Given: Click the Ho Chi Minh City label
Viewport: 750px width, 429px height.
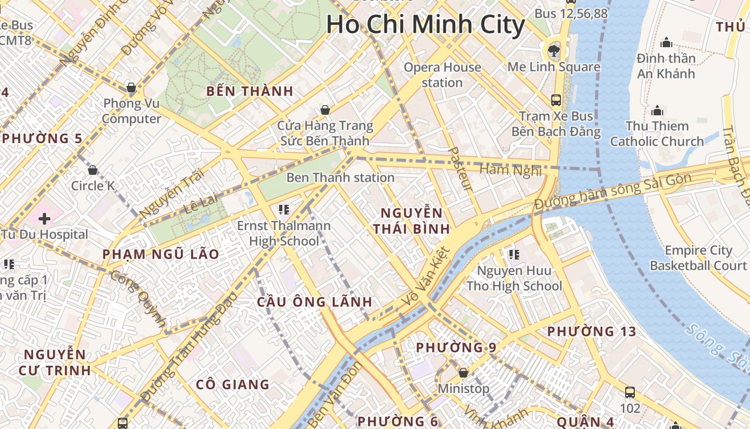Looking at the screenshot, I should coord(426,25).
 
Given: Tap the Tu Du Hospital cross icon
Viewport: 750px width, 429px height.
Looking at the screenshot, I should coord(44,218).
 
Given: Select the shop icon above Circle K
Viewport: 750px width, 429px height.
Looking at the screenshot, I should coord(93,170).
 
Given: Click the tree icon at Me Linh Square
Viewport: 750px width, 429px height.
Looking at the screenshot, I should coord(553,51).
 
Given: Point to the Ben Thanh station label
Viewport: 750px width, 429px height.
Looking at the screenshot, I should coord(340,177).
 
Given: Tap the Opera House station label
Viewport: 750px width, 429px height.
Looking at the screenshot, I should coord(442,75).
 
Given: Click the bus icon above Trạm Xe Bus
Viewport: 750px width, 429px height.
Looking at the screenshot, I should coord(556,100).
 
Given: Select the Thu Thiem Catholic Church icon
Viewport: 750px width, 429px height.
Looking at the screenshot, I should coord(657,111).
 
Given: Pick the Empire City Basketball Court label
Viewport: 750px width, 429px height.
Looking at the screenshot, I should coord(698,258).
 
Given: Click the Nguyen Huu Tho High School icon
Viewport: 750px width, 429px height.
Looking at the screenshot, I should coord(514,254).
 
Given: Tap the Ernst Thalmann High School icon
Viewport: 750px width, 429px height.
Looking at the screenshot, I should coord(284,209).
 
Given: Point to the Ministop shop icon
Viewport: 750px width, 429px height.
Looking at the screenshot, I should coord(463,372).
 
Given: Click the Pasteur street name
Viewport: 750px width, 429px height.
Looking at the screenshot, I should coord(460,169).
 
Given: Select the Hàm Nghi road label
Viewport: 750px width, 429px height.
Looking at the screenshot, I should coord(510,170).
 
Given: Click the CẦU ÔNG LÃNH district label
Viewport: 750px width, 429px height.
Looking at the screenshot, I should coord(314,301).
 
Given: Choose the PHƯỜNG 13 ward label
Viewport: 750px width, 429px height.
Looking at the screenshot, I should coord(591,331).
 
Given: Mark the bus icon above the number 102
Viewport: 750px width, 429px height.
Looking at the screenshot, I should coord(630,392).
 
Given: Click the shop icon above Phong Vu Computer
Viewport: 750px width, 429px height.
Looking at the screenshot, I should coord(131,87).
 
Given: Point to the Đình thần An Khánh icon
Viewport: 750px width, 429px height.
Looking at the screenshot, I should coord(666,42).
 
